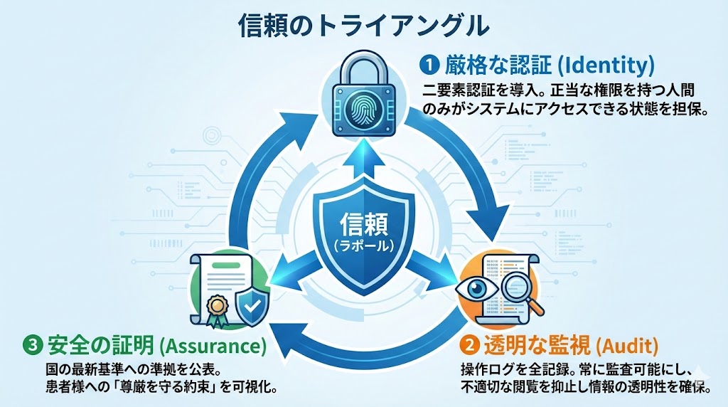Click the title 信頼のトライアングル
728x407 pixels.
tap(363, 26)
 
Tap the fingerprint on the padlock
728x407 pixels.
tap(365, 110)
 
